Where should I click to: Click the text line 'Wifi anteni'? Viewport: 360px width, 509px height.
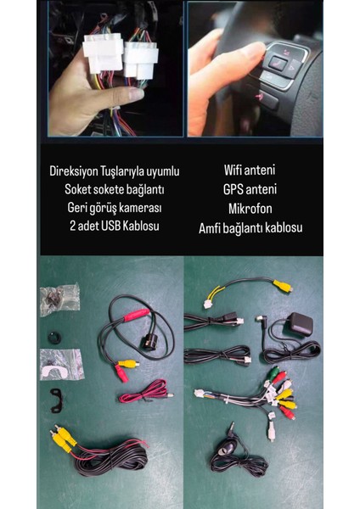coord(250,171)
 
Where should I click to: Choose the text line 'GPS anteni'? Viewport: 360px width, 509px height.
coord(250,190)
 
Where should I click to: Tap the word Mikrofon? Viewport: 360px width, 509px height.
coord(250,209)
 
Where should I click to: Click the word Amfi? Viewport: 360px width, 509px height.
coord(212,227)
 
